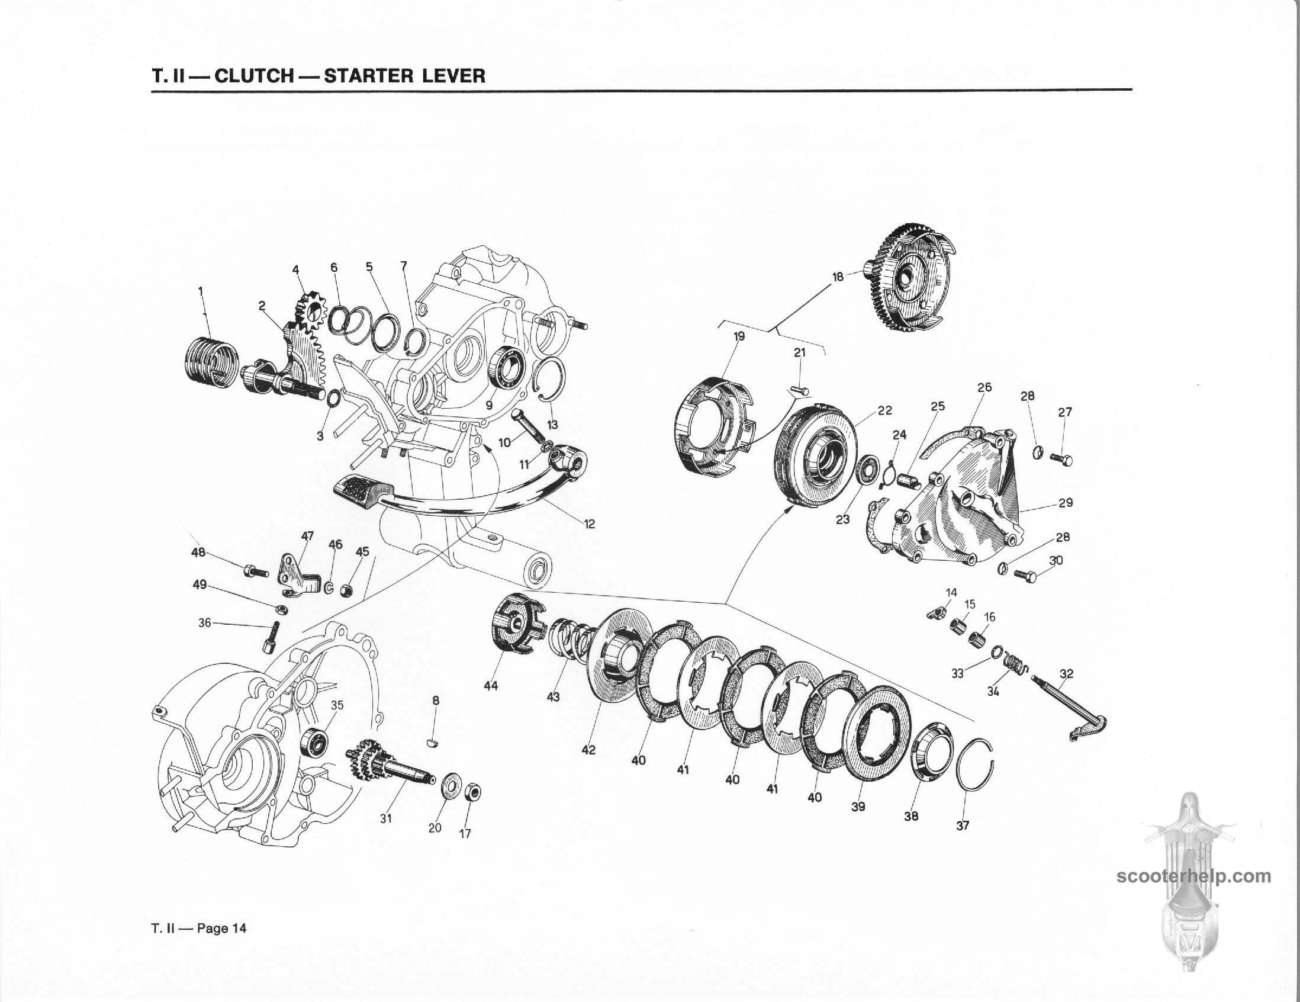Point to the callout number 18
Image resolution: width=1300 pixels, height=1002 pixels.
coord(838,277)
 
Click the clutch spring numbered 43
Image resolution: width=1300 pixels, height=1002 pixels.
coord(568,643)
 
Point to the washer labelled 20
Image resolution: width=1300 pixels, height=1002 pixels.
coord(449,789)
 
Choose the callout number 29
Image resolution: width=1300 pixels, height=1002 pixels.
coord(1066,503)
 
